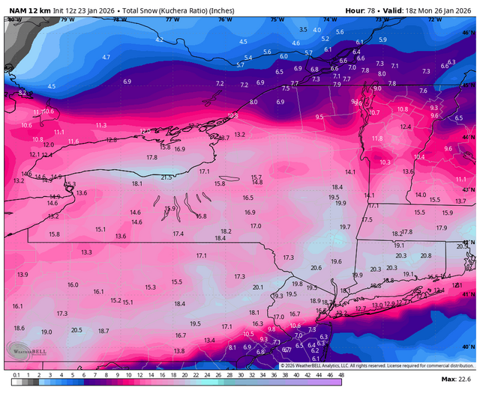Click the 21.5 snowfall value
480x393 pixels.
(x=166, y=177)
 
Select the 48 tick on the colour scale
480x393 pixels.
(x=341, y=374)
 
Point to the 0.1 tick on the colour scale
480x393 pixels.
(x=16, y=374)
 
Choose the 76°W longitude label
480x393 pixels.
(x=224, y=19)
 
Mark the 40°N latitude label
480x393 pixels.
(x=469, y=346)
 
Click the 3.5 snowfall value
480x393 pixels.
(x=303, y=29)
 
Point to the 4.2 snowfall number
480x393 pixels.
(x=159, y=39)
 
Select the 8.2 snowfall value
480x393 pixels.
(x=22, y=93)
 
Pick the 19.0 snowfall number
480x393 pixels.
(x=46, y=332)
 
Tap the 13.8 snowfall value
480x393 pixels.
(x=179, y=351)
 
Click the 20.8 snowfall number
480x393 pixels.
(x=426, y=255)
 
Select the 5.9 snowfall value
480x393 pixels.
(x=382, y=40)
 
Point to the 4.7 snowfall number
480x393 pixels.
(x=106, y=57)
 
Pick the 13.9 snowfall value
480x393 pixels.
(x=22, y=275)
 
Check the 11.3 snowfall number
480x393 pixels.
(x=101, y=125)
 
